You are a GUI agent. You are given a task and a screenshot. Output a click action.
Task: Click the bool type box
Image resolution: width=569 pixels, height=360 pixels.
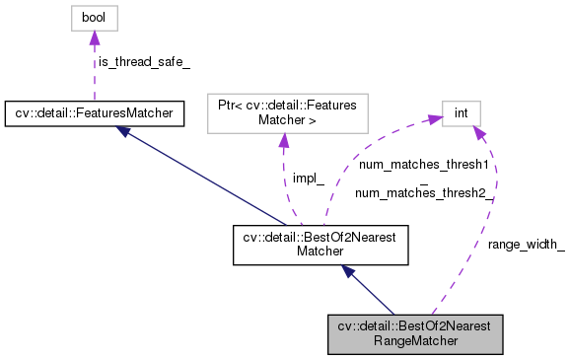pos(93,18)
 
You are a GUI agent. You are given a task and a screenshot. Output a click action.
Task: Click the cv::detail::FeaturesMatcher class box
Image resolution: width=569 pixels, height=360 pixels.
pos(94,114)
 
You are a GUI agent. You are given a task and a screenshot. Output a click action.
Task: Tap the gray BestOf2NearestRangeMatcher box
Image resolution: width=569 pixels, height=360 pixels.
pos(415,334)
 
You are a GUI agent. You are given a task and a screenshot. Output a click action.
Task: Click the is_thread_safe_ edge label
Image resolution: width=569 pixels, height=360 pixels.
pos(143,62)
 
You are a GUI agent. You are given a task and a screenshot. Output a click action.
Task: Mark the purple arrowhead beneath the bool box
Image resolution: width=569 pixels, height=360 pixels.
pos(94,38)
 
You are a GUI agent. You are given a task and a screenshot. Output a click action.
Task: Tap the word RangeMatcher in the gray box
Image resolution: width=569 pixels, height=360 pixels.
pos(415,341)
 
